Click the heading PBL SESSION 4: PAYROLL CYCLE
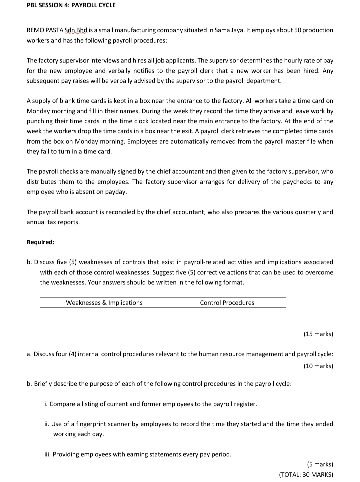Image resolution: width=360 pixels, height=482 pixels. pyautogui.click(x=71, y=5)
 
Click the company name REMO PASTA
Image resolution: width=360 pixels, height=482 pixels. pyautogui.click(x=45, y=30)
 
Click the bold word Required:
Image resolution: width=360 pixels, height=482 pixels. pyautogui.click(x=40, y=242)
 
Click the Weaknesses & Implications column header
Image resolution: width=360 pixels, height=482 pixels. pyautogui.click(x=104, y=303)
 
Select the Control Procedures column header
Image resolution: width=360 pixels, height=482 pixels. pyautogui.click(x=227, y=303)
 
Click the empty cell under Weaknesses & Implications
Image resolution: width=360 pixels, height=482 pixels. pyautogui.click(x=104, y=313)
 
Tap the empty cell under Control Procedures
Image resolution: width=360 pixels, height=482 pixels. pyautogui.click(x=227, y=313)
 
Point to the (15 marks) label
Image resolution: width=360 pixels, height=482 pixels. pyautogui.click(x=318, y=334)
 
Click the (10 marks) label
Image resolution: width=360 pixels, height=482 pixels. pyautogui.click(x=318, y=366)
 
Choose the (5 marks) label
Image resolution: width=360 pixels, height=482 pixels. pyautogui.click(x=320, y=464)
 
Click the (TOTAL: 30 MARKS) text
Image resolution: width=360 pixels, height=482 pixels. pyautogui.click(x=306, y=475)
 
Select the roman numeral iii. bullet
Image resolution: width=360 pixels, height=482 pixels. pyautogui.click(x=48, y=454)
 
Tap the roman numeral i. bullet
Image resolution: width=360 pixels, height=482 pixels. pyautogui.click(x=46, y=404)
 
